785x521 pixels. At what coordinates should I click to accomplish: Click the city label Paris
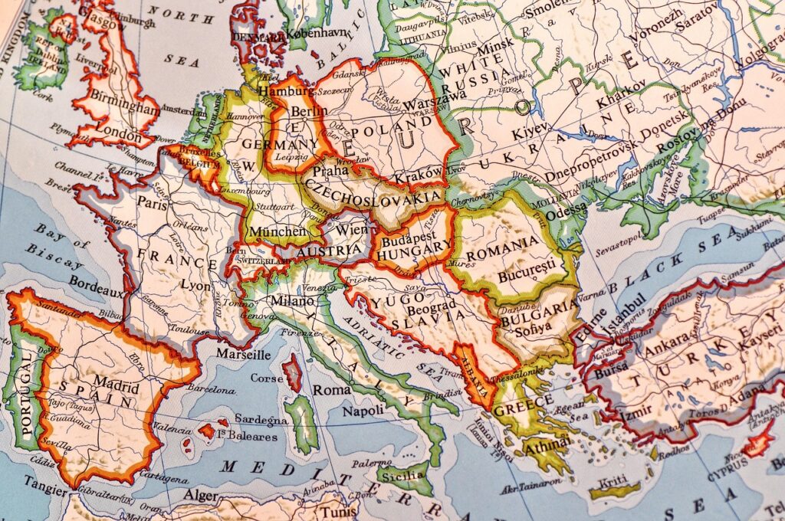[x=152, y=203]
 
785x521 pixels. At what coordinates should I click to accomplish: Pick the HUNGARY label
[x=415, y=247]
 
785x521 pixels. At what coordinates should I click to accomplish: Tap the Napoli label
[x=363, y=411]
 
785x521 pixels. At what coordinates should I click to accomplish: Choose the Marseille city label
[x=243, y=355]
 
